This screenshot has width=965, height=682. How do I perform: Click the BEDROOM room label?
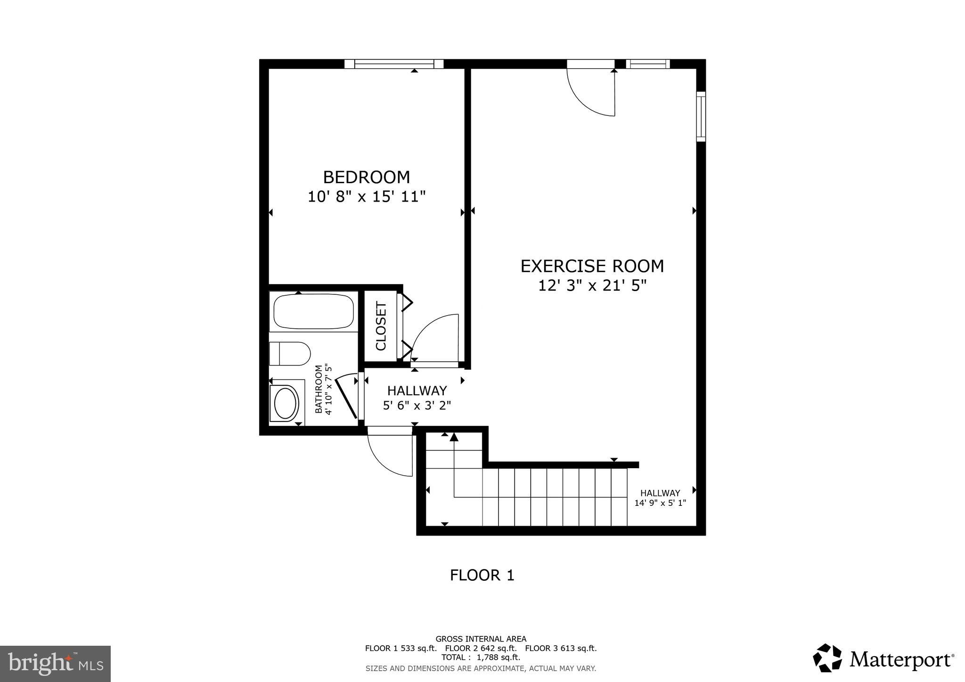click(366, 177)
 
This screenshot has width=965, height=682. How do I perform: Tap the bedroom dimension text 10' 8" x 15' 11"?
click(366, 196)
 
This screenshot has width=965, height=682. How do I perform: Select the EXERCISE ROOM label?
click(592, 266)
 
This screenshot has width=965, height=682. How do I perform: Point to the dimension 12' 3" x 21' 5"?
click(592, 285)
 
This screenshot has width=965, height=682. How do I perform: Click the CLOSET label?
click(381, 326)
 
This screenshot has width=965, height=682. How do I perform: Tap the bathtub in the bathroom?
click(313, 311)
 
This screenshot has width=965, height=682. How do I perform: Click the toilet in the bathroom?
click(290, 353)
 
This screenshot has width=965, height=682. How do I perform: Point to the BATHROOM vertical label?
click(319, 389)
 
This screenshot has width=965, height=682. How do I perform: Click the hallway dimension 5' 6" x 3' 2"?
click(417, 405)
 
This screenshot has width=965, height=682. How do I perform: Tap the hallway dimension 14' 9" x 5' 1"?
click(660, 503)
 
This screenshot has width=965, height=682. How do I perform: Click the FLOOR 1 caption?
click(482, 575)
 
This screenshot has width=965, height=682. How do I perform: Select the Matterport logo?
click(883, 658)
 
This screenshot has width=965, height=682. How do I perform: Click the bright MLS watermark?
click(55, 664)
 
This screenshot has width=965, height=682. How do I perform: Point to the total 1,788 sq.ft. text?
click(481, 657)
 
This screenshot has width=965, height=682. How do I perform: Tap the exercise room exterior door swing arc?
click(589, 94)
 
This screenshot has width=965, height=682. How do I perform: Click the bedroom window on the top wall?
click(394, 64)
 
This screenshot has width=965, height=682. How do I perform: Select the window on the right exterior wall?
click(701, 116)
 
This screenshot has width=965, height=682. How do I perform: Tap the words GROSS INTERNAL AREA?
click(481, 639)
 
